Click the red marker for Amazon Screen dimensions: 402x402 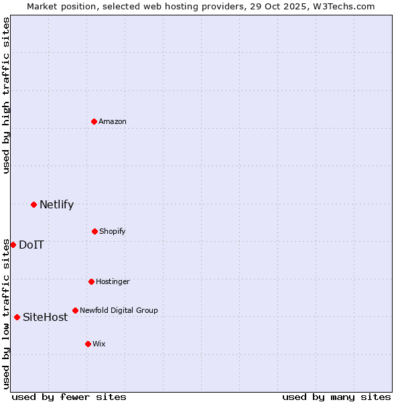pyautogui.click(x=94, y=121)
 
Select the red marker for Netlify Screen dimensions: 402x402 pyautogui.click(x=33, y=204)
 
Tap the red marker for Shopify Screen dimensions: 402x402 pyautogui.click(x=94, y=231)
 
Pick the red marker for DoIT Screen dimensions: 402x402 pyautogui.click(x=13, y=245)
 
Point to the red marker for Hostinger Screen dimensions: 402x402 pyautogui.click(x=91, y=281)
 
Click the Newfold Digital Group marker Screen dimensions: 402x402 pyautogui.click(x=75, y=310)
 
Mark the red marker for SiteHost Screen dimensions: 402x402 pyautogui.click(x=17, y=317)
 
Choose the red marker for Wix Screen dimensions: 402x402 pyautogui.click(x=88, y=344)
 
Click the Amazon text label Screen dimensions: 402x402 pyautogui.click(x=113, y=121)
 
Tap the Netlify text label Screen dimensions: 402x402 pyautogui.click(x=56, y=205)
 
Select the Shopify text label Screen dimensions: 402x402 pyautogui.click(x=113, y=231)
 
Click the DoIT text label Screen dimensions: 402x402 pyautogui.click(x=31, y=245)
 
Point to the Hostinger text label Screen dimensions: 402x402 pyautogui.click(x=113, y=281)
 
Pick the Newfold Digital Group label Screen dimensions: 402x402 pyautogui.click(x=119, y=310)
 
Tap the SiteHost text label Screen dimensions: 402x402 pyautogui.click(x=45, y=318)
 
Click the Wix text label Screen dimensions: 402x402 pyautogui.click(x=99, y=344)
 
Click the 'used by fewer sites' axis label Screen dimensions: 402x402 pyautogui.click(x=69, y=397)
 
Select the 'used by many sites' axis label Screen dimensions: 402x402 pyautogui.click(x=336, y=397)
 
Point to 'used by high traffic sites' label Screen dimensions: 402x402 pyautogui.click(x=6, y=96)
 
